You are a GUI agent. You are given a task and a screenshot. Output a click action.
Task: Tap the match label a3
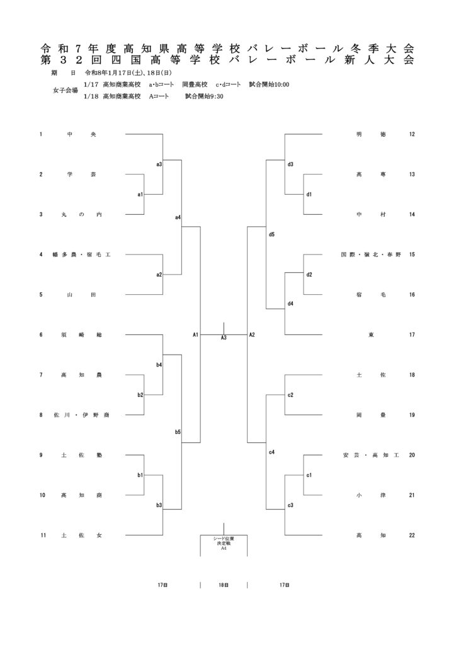point(159,164)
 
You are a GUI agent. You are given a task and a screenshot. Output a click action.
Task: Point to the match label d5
point(271,234)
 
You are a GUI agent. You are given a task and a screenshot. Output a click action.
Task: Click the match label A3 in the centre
point(224,338)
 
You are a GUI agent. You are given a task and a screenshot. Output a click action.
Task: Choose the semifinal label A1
point(196,334)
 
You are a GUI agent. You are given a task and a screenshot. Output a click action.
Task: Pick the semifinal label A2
point(252,334)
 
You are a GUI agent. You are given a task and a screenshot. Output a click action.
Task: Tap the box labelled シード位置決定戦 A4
point(224,544)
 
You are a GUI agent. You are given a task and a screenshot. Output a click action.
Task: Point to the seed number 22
point(412,535)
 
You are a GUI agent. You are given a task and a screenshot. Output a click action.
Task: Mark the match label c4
point(271,452)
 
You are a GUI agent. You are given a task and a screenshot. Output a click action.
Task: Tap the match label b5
point(178,432)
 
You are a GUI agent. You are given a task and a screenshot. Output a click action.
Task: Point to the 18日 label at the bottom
point(224,585)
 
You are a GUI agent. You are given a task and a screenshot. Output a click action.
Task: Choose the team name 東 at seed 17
point(371,334)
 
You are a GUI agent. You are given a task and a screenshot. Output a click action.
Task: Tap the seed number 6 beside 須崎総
point(41,334)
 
